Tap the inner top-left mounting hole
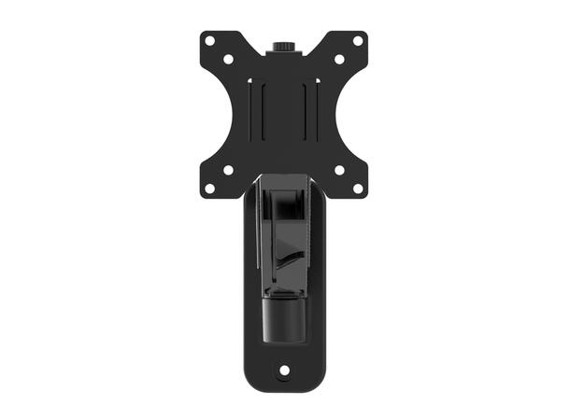pyautogui.click(x=229, y=59)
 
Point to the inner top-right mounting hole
pyautogui.click(x=339, y=59)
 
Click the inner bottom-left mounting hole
pyautogui.click(x=229, y=170)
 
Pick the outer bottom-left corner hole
pyautogui.click(x=211, y=187)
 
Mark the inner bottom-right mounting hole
pyautogui.click(x=339, y=170)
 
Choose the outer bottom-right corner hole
pyautogui.click(x=357, y=187)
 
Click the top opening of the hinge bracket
pyautogui.click(x=284, y=190)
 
